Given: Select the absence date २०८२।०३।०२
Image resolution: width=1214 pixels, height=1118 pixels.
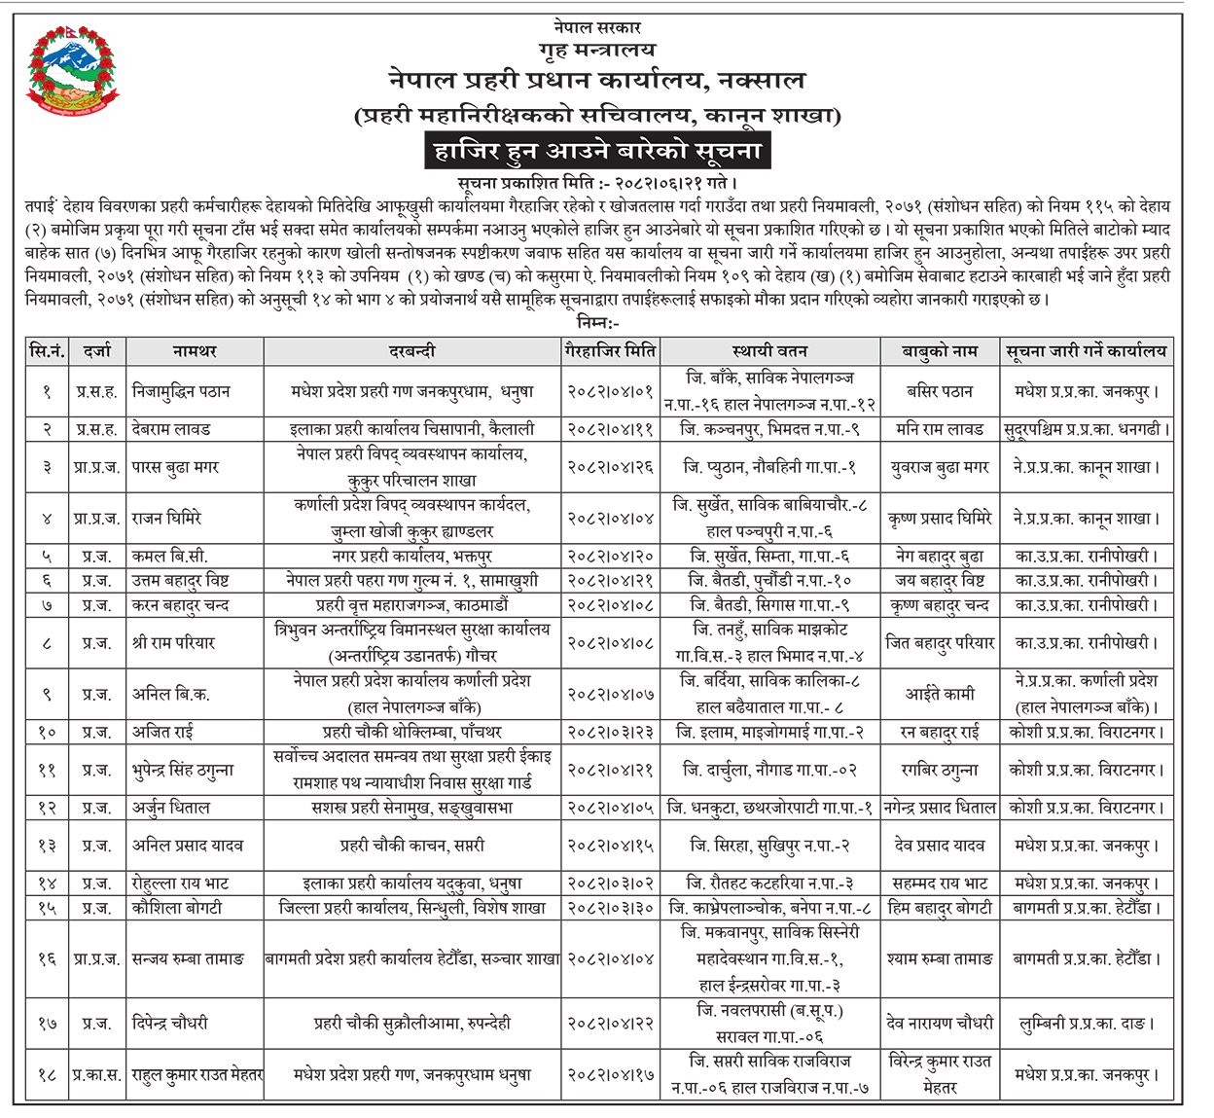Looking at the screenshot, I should click(609, 884).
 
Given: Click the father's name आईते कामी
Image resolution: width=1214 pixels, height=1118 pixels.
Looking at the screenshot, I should click(939, 694).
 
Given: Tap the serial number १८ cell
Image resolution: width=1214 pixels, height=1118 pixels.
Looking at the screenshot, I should click(47, 1075).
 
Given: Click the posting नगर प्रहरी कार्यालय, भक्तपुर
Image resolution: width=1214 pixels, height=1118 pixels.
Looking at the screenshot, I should click(412, 557).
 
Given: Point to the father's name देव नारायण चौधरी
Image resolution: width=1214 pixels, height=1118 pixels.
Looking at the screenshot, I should click(939, 1023).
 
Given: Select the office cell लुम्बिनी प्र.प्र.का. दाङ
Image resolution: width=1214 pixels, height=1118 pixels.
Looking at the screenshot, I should click(1086, 1023).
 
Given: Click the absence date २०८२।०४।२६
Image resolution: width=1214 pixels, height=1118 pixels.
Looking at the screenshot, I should click(609, 467).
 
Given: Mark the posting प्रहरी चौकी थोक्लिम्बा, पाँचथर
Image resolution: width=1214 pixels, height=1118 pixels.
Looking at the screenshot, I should click(412, 732).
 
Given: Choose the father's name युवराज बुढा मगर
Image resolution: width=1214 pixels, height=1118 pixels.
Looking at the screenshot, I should click(939, 467).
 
